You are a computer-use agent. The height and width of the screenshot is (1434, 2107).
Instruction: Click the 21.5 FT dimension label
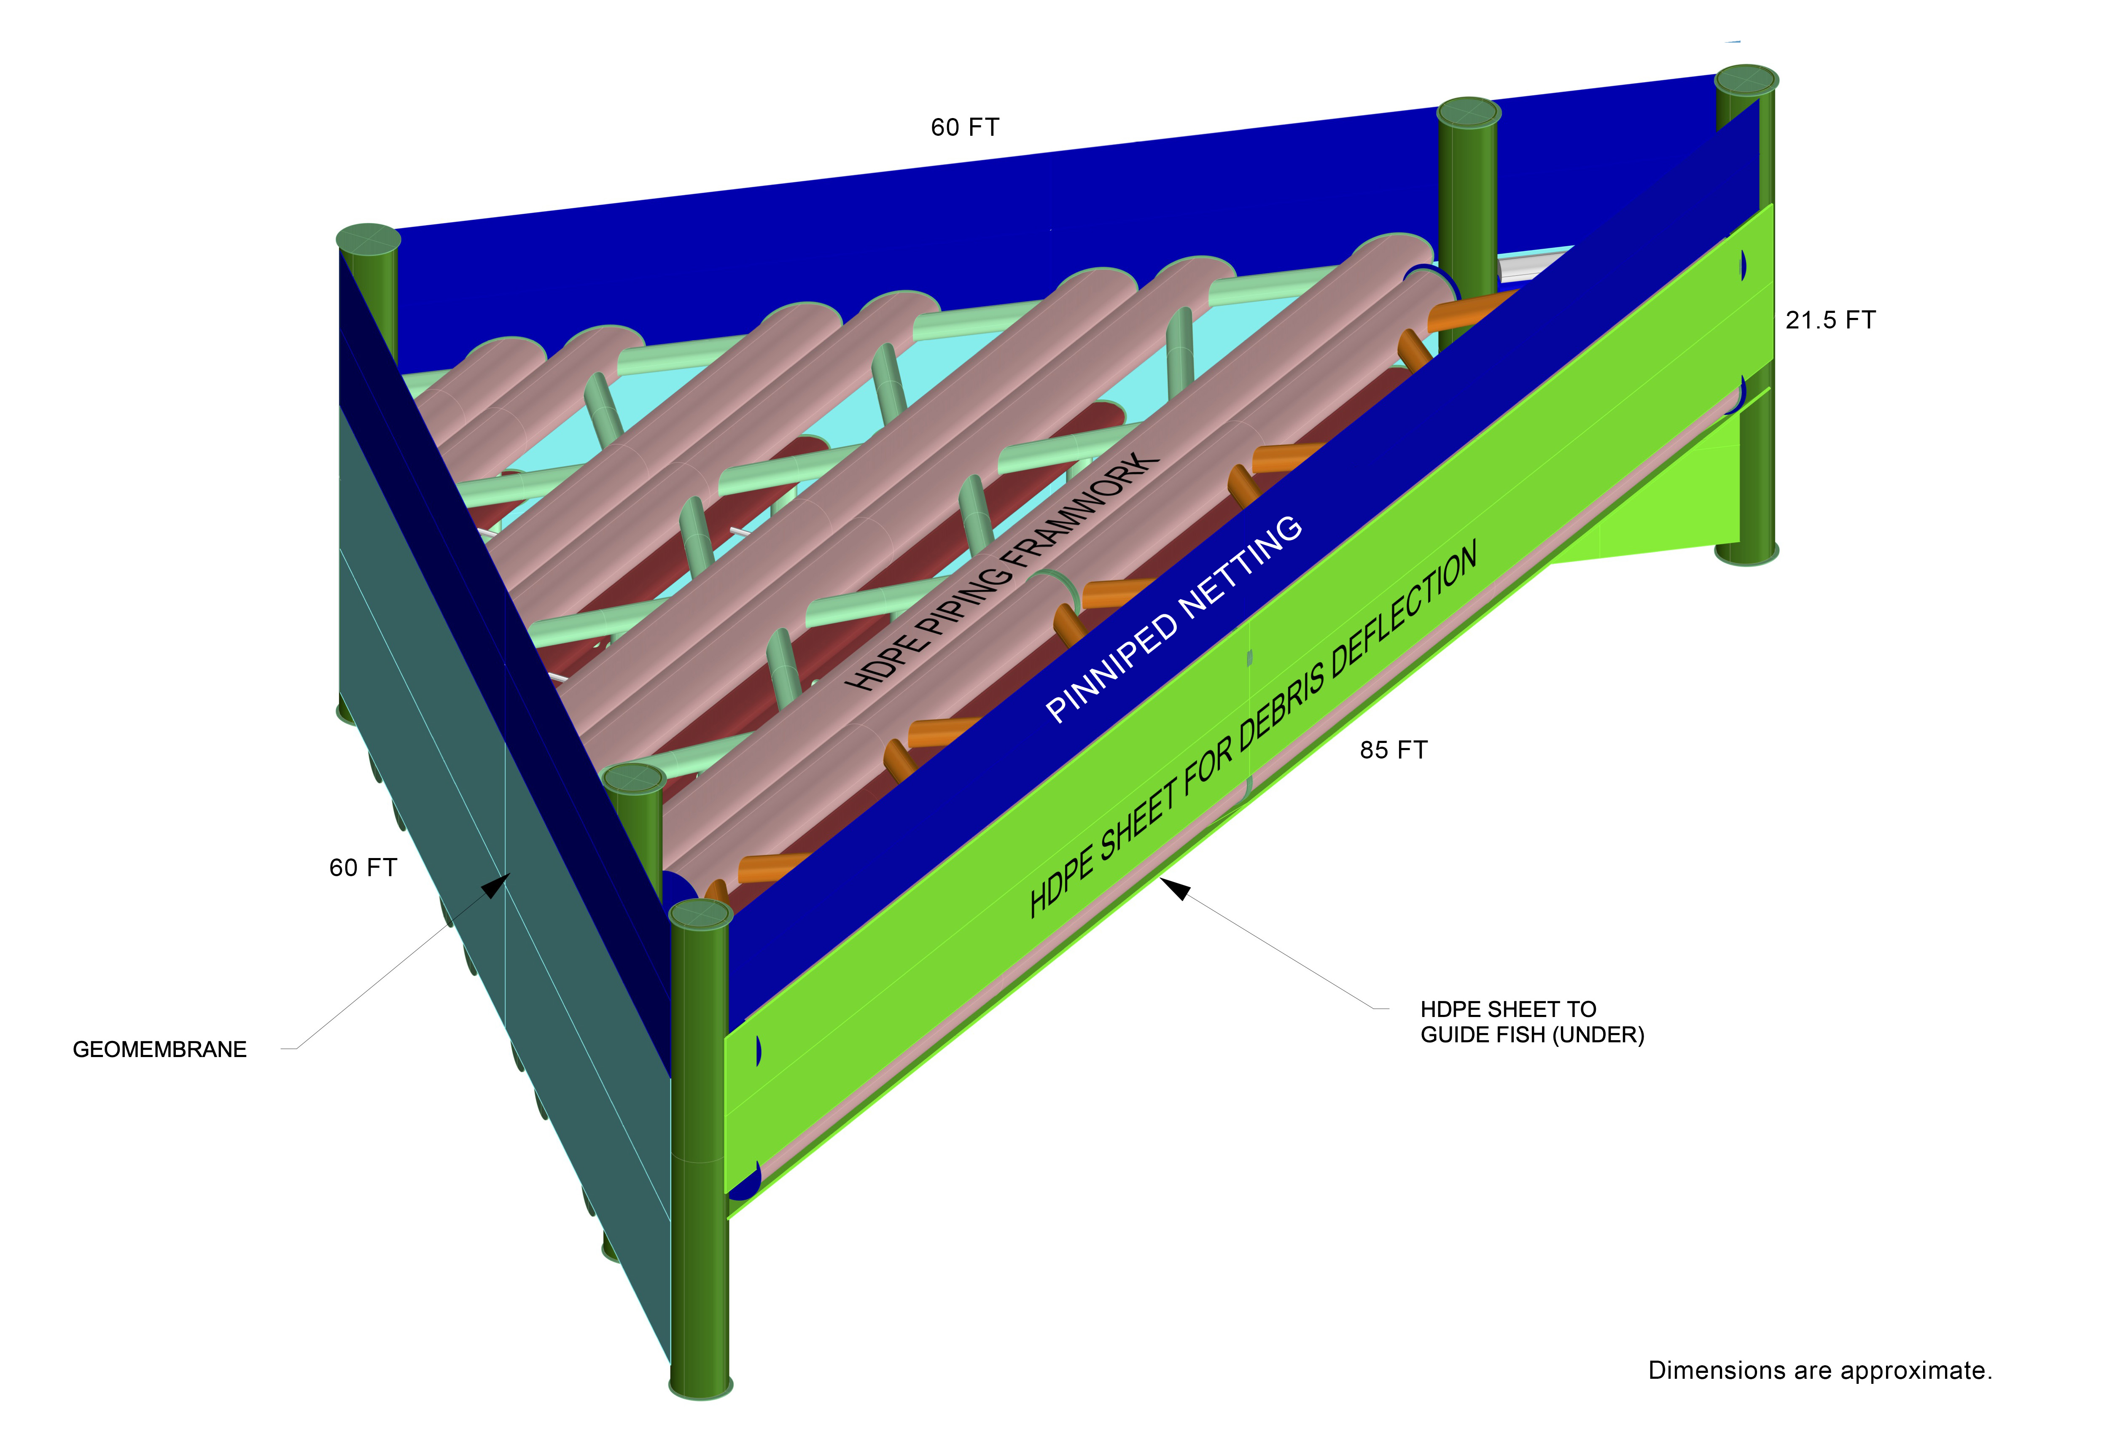1830,320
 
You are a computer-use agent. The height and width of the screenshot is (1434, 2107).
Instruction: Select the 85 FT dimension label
1394,751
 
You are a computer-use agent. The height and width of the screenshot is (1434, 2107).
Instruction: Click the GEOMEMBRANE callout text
159,1049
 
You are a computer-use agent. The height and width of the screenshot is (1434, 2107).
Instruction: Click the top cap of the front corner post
701,915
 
